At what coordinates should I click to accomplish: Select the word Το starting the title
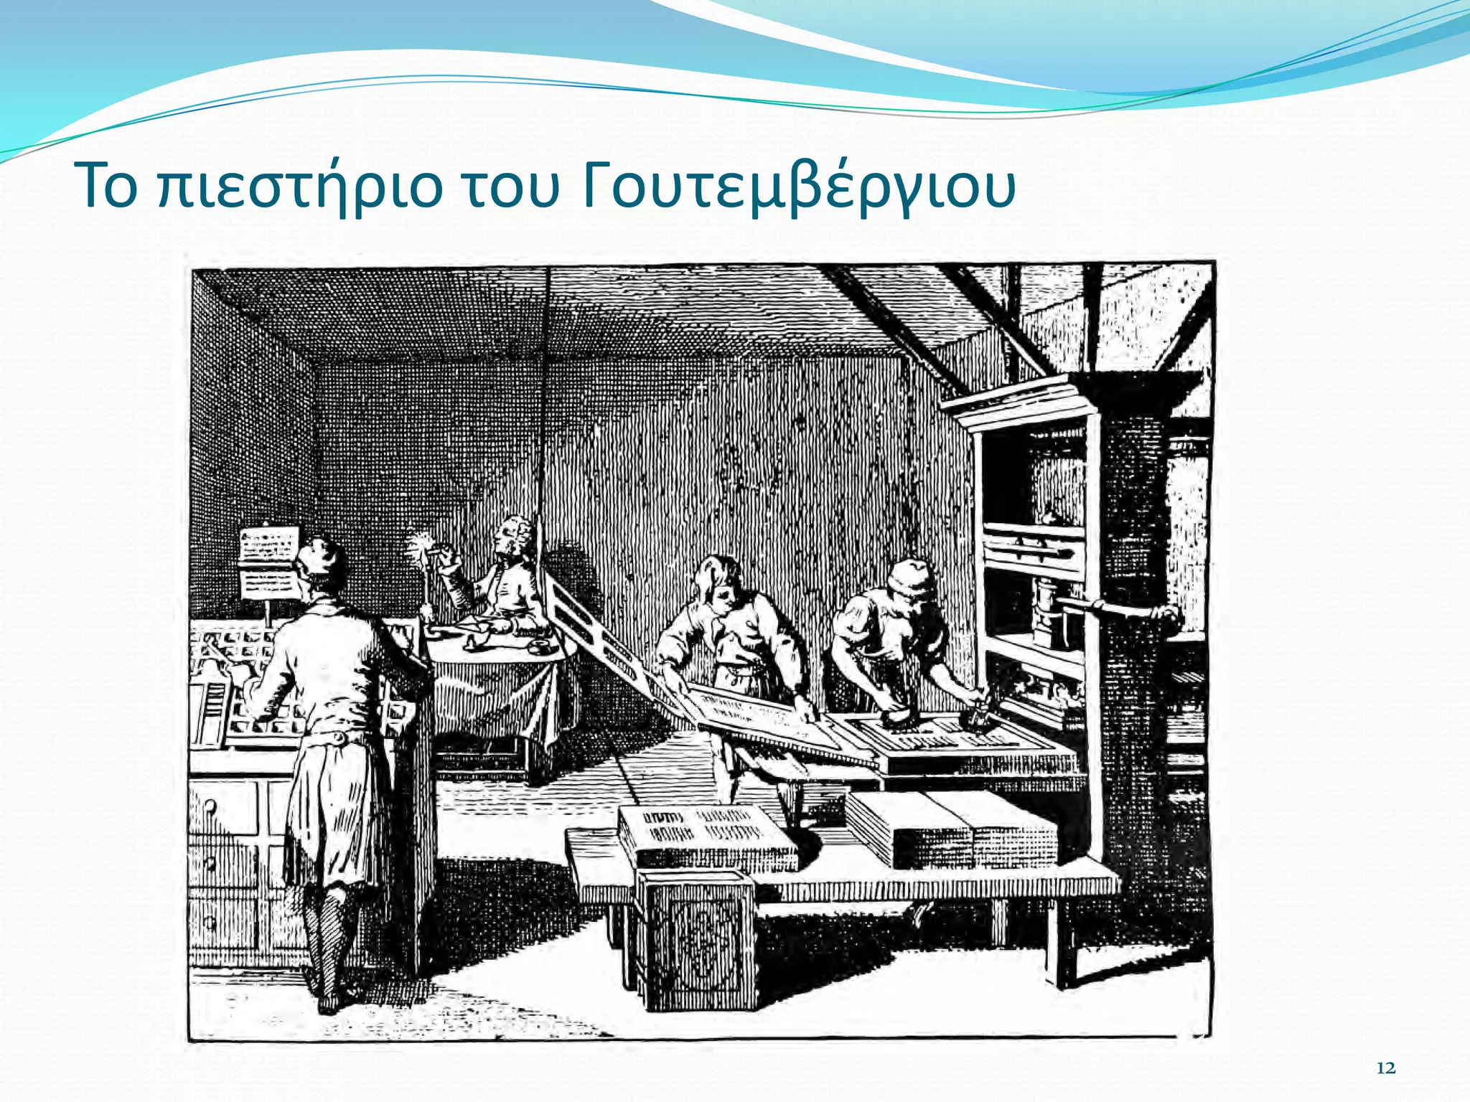108,187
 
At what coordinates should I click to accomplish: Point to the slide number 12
1386,1068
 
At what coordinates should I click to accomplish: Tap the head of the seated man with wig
515,534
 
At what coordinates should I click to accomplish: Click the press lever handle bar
1120,612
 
